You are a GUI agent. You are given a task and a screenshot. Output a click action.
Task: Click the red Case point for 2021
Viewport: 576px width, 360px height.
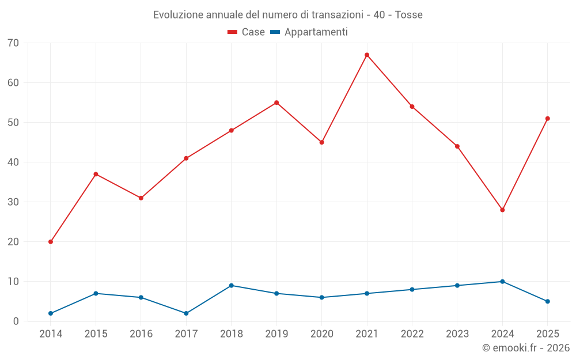tap(366, 55)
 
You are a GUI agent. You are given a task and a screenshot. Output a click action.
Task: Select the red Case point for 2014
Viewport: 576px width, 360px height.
tap(51, 242)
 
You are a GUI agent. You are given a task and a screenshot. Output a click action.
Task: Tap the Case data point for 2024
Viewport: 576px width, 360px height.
tap(502, 210)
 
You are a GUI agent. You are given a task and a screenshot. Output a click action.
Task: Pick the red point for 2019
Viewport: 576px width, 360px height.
tap(276, 103)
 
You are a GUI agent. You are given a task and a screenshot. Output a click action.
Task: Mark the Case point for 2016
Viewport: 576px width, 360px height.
tap(141, 198)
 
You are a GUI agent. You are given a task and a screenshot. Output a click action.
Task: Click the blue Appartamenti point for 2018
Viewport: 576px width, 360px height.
tap(232, 286)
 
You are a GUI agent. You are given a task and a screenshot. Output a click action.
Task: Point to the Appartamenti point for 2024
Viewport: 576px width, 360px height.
tap(502, 282)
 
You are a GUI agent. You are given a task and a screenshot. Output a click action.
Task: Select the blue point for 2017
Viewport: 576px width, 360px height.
tap(186, 313)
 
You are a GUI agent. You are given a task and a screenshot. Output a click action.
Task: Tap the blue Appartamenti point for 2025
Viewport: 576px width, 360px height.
tap(547, 302)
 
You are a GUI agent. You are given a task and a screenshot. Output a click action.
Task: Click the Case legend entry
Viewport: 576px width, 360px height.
tap(246, 32)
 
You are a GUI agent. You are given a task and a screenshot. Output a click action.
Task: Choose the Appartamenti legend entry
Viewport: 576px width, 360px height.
tap(309, 32)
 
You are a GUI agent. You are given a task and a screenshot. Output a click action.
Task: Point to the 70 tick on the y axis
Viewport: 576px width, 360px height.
tap(13, 43)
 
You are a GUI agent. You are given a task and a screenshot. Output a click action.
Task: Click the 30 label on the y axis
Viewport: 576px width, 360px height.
tap(13, 202)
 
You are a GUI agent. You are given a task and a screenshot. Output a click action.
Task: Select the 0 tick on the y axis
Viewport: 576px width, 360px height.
tap(16, 321)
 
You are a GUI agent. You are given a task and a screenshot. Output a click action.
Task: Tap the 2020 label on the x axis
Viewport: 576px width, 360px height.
tap(322, 334)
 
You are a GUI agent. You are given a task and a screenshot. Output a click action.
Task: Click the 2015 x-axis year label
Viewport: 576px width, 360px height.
tap(96, 334)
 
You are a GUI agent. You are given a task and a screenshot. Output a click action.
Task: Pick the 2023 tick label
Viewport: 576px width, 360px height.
tap(457, 334)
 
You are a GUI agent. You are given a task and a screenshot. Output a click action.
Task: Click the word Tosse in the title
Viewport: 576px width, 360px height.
tap(408, 15)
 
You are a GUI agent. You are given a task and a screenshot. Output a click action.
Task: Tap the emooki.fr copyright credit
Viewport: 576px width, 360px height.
tap(526, 347)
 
